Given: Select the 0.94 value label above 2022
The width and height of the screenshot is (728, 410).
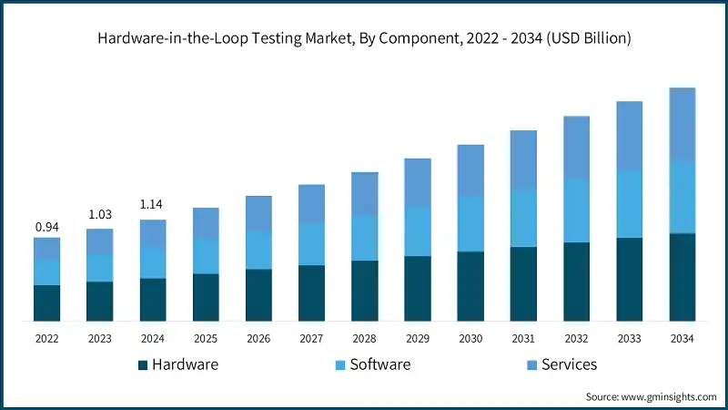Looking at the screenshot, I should pyautogui.click(x=47, y=226).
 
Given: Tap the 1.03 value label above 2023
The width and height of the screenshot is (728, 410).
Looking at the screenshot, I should pyautogui.click(x=100, y=215).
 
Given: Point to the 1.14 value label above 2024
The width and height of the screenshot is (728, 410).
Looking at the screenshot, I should pyautogui.click(x=153, y=204).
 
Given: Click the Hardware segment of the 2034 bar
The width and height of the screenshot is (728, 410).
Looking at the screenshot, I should pyautogui.click(x=682, y=277).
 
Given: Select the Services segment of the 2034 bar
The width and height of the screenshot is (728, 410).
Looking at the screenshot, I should pyautogui.click(x=682, y=125).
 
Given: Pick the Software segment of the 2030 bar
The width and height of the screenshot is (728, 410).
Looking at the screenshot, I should pyautogui.click(x=470, y=224).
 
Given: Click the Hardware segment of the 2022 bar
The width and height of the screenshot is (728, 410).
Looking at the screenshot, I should pyautogui.click(x=47, y=302).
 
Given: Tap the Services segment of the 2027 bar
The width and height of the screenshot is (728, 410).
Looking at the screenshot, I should pyautogui.click(x=312, y=204).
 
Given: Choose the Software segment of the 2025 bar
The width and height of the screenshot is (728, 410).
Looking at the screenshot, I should pyautogui.click(x=206, y=257).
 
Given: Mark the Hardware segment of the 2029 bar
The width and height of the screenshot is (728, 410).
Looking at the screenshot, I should pyautogui.click(x=418, y=288).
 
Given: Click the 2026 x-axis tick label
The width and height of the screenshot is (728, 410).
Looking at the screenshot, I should pyautogui.click(x=258, y=339).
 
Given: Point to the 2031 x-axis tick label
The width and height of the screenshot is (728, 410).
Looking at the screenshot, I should pyautogui.click(x=523, y=339).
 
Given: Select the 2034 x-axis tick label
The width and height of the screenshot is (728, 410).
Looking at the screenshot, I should pyautogui.click(x=682, y=339).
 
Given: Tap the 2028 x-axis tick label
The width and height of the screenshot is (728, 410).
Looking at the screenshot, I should pyautogui.click(x=365, y=339).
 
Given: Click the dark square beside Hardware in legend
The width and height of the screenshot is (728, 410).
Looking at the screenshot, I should pyautogui.click(x=143, y=365).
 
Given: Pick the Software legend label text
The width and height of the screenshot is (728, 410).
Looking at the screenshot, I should pyautogui.click(x=380, y=364).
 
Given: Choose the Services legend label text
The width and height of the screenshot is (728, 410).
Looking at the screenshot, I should pyautogui.click(x=569, y=364).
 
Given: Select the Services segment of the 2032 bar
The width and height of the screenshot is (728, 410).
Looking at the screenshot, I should pyautogui.click(x=576, y=148).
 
